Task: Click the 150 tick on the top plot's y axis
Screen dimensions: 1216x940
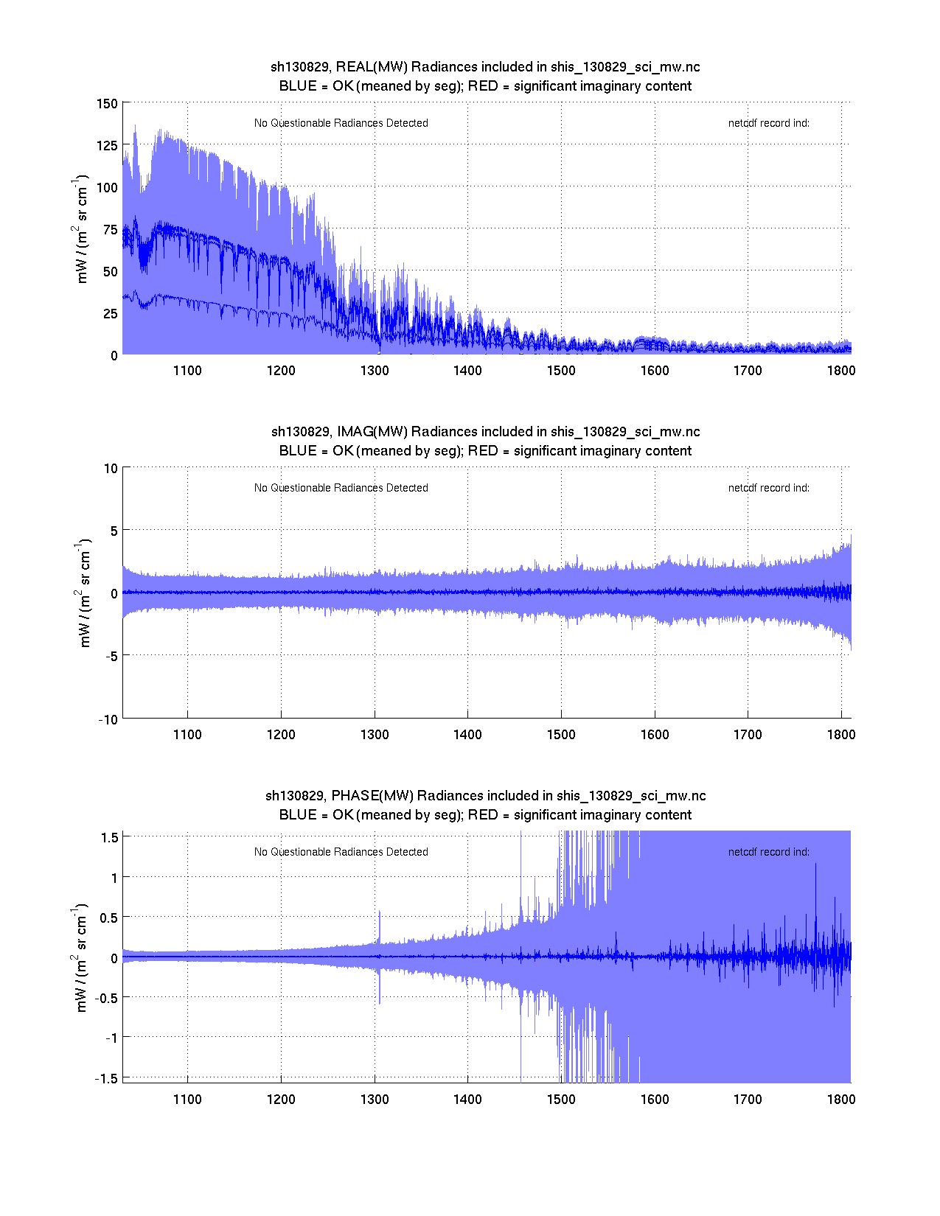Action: click(107, 103)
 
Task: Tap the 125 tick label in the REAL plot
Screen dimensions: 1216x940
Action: click(107, 145)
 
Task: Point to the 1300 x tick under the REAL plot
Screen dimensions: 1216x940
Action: click(375, 371)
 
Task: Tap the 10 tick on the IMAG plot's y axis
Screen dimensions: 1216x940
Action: click(111, 469)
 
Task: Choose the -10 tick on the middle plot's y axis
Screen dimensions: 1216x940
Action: click(108, 720)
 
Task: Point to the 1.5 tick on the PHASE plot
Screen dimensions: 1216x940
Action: click(110, 837)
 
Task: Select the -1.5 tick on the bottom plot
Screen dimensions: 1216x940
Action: click(108, 1078)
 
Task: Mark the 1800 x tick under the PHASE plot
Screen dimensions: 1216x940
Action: click(841, 1100)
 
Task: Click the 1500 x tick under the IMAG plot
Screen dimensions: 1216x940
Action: click(561, 735)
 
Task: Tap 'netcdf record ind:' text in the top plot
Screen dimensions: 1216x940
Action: click(769, 123)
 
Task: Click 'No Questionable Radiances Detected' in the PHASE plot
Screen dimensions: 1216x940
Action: click(341, 852)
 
